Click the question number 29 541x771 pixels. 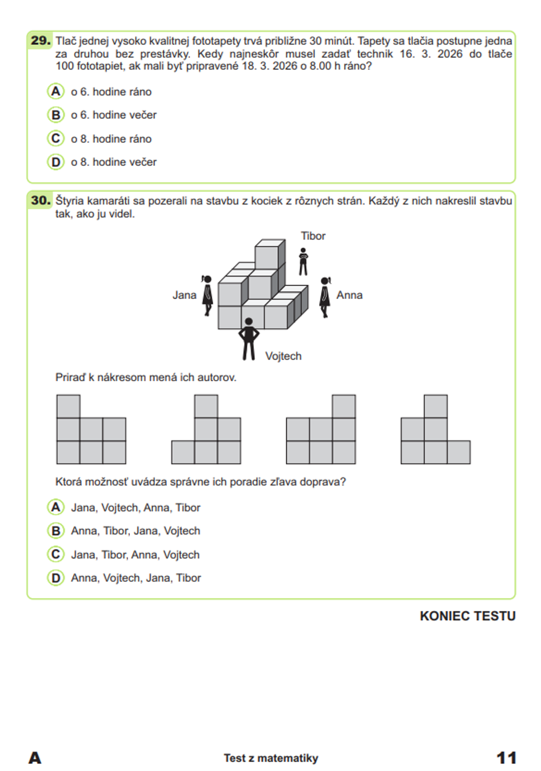tap(41, 41)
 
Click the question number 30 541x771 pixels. tap(41, 201)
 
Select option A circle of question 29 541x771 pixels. tap(56, 91)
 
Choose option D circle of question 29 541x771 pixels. tap(56, 162)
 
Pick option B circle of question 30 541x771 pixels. tap(56, 531)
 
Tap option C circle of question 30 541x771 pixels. tap(56, 554)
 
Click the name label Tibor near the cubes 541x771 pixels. tap(313, 236)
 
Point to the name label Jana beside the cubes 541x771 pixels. tap(184, 295)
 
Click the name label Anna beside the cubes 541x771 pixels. tap(349, 295)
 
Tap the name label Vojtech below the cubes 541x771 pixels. tap(283, 356)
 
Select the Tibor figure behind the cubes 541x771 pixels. tap(304, 262)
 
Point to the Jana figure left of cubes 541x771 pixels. tap(207, 295)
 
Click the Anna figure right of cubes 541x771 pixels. tap(325, 297)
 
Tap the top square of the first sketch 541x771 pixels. tap(68, 407)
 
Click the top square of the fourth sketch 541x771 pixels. tap(436, 407)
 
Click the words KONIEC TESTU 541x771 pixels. tap(467, 616)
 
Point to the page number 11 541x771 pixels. tap(506, 757)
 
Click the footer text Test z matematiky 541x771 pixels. tap(271, 758)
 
